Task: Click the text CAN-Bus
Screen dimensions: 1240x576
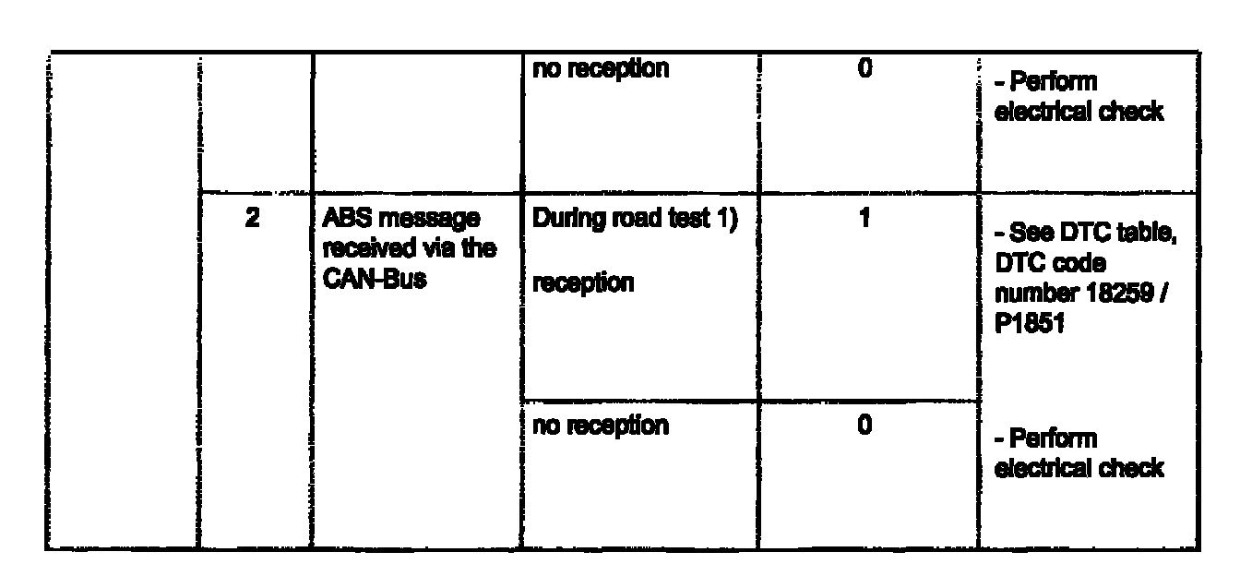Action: pyautogui.click(x=374, y=278)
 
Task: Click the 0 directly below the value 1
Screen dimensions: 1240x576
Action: pyautogui.click(x=865, y=427)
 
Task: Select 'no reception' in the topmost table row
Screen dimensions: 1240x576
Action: pyautogui.click(x=602, y=70)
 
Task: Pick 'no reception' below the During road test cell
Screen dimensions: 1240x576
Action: pyautogui.click(x=602, y=426)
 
